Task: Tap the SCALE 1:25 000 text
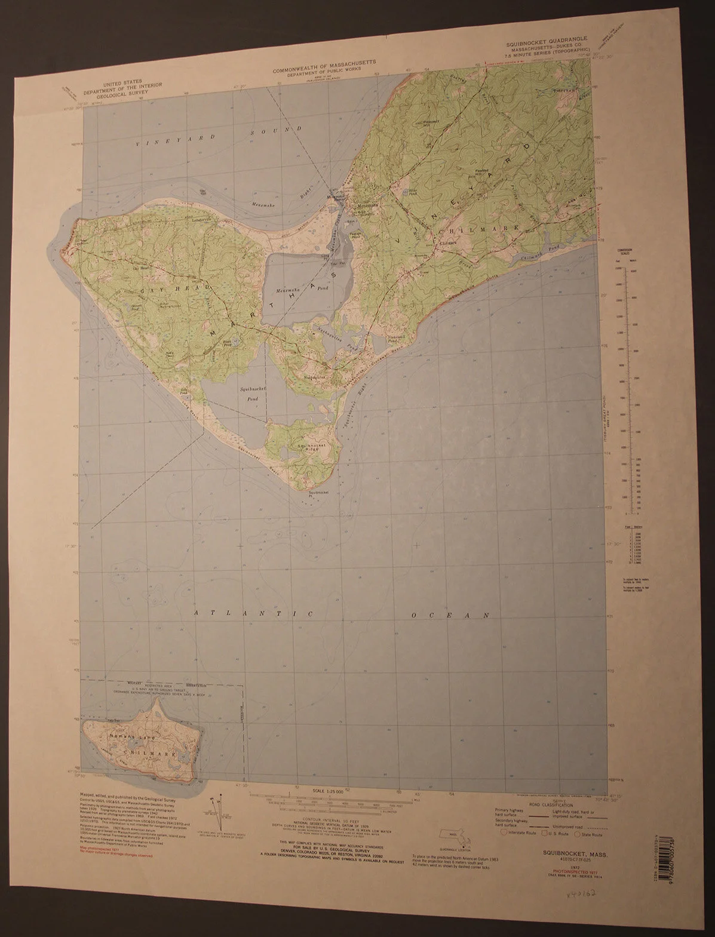coord(327,791)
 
